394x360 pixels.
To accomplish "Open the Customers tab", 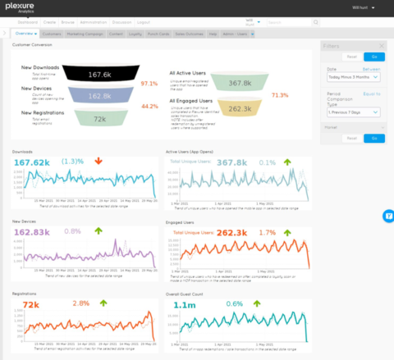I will pos(52,34).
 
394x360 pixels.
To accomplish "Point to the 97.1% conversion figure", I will pos(149,84).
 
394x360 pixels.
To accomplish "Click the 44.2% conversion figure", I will pos(149,106).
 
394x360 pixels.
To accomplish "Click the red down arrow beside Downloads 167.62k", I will pos(98,162).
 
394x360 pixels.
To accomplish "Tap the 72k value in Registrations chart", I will pos(31,303).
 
